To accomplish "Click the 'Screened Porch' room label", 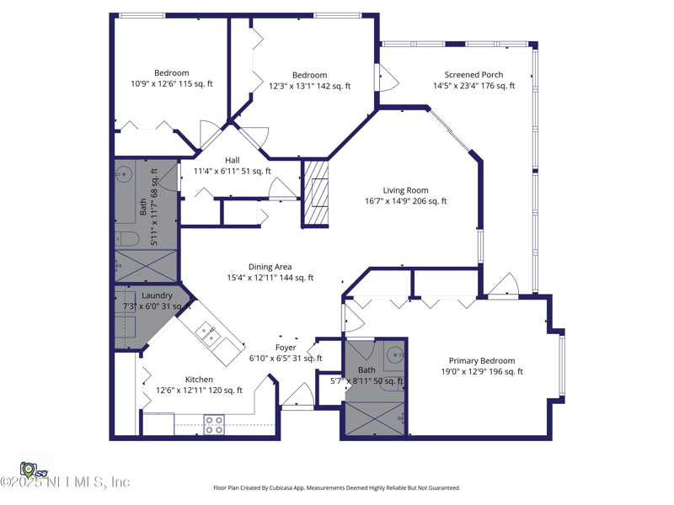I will (473, 75).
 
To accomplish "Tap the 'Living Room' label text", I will (405, 190).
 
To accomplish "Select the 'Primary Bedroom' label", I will (481, 360).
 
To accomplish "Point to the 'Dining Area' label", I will (270, 267).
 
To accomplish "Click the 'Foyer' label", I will (286, 347).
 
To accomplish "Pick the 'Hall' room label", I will (232, 160).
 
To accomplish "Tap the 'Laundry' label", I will (157, 295).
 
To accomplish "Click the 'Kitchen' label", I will (199, 380).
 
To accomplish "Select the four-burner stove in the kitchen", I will (214, 424).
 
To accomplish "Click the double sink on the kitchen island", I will (209, 334).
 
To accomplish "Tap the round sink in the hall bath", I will (124, 176).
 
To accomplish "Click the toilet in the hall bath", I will (122, 236).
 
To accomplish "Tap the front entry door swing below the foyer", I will (297, 396).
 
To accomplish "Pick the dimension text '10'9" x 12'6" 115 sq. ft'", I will (171, 84).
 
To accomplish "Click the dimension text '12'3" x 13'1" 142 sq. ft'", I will (309, 86).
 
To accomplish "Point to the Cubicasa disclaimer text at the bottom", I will (337, 487).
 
